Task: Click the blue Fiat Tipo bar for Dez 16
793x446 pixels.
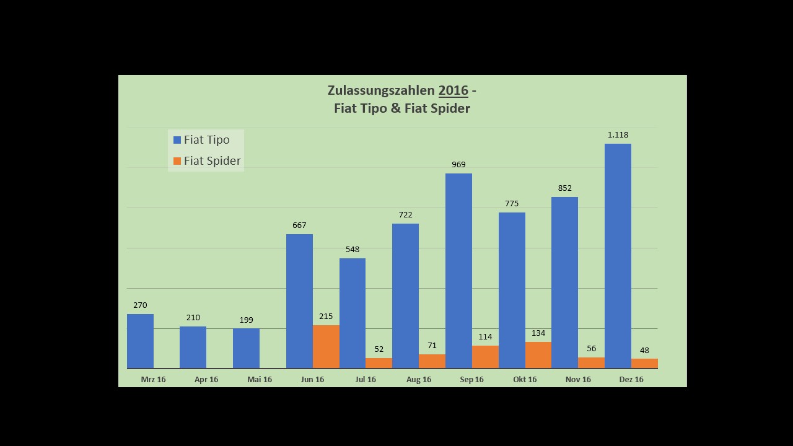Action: tap(618, 256)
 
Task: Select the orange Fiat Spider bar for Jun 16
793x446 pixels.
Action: tap(326, 347)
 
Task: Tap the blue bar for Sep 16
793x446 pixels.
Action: tap(458, 271)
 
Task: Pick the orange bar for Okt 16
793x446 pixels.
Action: tap(538, 355)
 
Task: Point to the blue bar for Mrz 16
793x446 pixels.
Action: tap(140, 341)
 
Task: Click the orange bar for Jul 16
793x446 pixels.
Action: tap(379, 363)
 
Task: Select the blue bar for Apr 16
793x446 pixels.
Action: tap(193, 348)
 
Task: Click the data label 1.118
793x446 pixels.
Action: tap(618, 135)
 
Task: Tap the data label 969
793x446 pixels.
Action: tap(458, 165)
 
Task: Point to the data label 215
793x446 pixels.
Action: tap(326, 317)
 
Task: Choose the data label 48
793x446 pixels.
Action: tap(644, 351)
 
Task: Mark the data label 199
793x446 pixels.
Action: tap(246, 320)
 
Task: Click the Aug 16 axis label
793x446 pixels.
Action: tap(419, 380)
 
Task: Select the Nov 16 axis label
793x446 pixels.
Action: tap(578, 380)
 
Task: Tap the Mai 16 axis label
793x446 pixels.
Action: tap(260, 380)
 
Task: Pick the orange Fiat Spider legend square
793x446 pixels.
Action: tap(177, 161)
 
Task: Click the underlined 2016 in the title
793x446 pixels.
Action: tap(453, 90)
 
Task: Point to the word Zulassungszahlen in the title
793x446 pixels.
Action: tap(381, 90)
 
